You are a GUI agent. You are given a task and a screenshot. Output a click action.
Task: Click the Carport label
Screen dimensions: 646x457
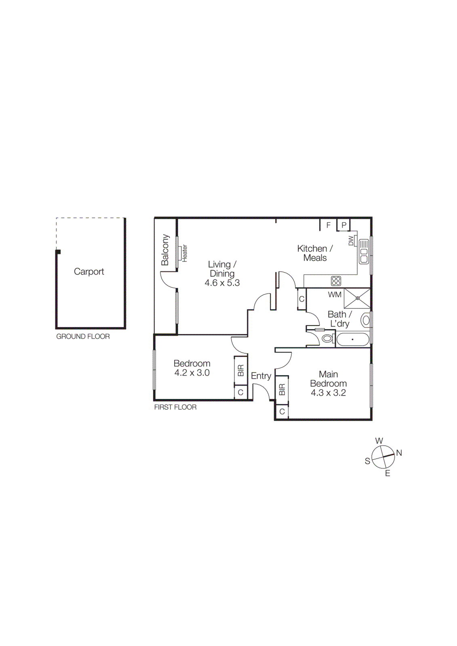tap(89, 272)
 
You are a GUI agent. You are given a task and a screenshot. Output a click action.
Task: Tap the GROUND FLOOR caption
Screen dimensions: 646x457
tap(83, 336)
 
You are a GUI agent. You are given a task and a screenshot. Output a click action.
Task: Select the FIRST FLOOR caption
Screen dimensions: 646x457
tap(175, 407)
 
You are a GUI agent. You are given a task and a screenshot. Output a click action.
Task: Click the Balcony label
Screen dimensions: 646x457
tap(165, 250)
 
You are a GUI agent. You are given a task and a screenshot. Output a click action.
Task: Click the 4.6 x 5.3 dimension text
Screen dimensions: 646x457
tap(222, 283)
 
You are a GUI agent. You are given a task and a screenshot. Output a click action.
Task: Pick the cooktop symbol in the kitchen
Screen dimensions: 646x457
tap(336, 281)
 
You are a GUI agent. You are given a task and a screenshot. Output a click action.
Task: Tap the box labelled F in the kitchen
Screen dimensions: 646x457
tap(328, 225)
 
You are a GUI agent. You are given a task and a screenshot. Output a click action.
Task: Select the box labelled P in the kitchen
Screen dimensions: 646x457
tap(343, 225)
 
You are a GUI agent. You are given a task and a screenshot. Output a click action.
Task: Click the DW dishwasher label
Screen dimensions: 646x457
tap(351, 241)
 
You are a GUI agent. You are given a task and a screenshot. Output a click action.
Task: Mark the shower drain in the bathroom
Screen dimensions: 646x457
tap(357, 298)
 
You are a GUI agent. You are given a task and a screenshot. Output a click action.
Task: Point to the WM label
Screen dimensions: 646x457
tap(335, 295)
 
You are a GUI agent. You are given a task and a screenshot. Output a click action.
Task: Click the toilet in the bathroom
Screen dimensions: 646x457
tap(328, 338)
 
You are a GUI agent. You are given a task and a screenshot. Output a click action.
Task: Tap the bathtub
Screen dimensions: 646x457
tap(353, 340)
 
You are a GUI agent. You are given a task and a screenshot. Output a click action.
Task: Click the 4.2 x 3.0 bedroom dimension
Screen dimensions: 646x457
tap(192, 373)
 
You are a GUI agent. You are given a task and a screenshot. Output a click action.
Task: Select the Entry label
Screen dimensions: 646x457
tap(261, 376)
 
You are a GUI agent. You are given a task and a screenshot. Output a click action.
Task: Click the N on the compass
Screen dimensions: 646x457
tap(399, 453)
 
